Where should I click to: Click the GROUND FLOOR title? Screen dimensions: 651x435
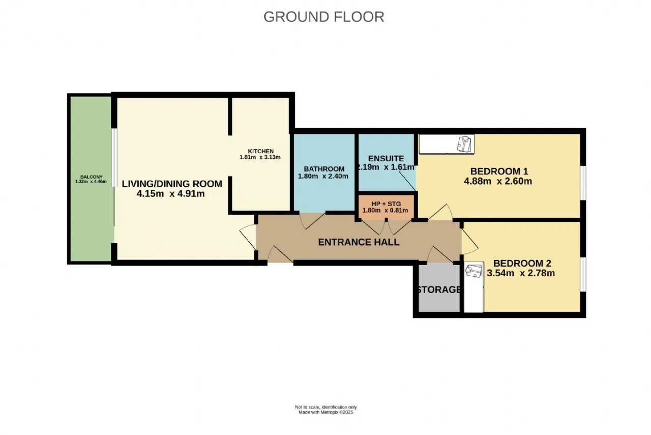324,17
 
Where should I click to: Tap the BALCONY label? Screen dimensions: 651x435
91,177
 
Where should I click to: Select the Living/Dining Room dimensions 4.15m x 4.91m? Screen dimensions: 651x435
170,194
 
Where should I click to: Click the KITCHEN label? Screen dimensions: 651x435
261,151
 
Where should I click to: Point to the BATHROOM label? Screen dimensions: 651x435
324,169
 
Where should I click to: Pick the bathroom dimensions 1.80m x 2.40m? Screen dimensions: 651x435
323,176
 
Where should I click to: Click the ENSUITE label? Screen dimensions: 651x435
386,158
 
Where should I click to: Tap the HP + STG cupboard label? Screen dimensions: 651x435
386,204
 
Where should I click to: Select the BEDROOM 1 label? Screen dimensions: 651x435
499,171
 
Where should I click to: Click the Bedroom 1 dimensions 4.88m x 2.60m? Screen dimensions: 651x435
498,181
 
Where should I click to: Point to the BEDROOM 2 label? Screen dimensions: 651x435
522,263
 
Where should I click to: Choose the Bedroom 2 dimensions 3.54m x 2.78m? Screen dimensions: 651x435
521,273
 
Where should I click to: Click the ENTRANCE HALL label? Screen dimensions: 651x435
359,242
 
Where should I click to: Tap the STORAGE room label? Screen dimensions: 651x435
439,289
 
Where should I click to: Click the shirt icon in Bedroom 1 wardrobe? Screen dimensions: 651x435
464,144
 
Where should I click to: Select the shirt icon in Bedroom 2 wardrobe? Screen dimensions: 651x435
474,271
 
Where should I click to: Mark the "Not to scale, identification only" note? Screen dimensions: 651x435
326,407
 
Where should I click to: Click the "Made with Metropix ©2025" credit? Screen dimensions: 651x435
326,412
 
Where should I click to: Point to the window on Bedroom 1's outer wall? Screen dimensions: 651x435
583,183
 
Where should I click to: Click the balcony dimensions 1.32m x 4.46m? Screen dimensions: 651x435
91,182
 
